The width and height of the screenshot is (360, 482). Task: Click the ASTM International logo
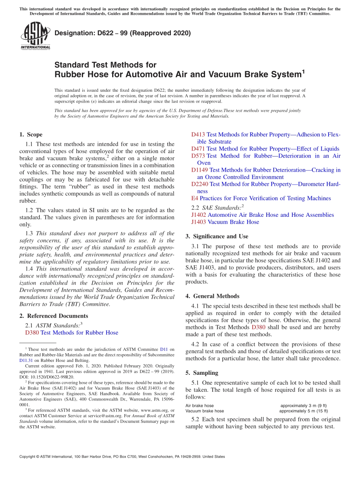tap(35, 36)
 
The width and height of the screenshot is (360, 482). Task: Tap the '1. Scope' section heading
tap(31, 135)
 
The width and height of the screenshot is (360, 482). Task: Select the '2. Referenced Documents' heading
tap(53, 316)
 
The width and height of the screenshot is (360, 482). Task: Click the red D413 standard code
tap(198, 135)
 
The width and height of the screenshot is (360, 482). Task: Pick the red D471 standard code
tap(198, 149)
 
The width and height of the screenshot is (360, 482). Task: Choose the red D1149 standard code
tap(200, 170)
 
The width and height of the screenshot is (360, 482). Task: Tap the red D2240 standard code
tap(200, 184)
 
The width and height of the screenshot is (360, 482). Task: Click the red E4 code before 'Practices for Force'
tap(195, 198)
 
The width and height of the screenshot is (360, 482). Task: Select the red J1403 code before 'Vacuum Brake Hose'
tap(199, 222)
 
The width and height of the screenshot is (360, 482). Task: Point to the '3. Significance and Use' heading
tap(217, 236)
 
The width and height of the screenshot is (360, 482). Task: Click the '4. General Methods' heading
tap(212, 296)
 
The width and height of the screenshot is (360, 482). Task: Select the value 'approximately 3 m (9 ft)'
tap(304, 405)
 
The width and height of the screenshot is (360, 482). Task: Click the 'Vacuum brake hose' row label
tap(205, 411)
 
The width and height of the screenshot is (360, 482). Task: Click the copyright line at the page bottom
tap(122, 457)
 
